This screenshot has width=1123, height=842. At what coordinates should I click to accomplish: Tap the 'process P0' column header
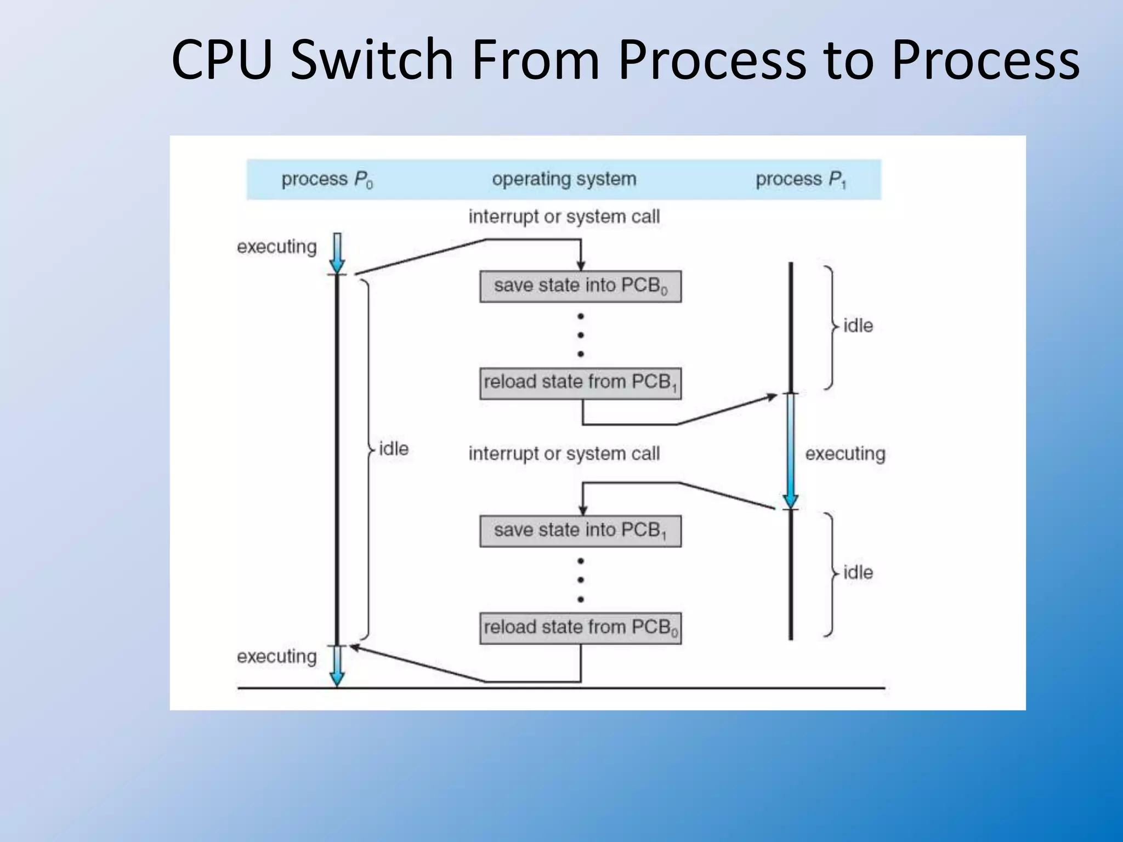coord(327,179)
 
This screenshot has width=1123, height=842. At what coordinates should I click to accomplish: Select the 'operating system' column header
coord(564,179)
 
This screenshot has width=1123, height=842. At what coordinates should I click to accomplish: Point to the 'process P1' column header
coord(801,179)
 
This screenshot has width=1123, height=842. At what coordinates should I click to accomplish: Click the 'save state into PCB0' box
coord(580,286)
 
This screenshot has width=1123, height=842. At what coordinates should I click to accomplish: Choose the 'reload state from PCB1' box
coord(580,383)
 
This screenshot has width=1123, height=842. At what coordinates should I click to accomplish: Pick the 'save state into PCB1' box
coord(580,531)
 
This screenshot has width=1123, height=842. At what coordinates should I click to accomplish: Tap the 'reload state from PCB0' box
coord(580,628)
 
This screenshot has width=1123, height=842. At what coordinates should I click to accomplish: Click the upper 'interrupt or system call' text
coord(564,217)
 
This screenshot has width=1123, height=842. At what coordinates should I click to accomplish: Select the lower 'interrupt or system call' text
coord(564,454)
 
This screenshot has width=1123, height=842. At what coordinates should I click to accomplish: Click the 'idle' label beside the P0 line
coord(394,449)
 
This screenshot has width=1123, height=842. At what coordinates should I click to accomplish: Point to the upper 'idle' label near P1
coord(858,326)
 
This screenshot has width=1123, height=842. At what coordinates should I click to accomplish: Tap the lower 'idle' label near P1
coord(858,573)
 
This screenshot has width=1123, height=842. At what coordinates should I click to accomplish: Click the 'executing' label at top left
coord(276,247)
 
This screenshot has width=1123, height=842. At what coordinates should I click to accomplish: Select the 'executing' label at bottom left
coord(276,656)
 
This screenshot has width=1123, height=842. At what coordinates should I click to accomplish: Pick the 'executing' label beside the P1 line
coord(844,454)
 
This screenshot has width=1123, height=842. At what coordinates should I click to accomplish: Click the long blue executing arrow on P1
coord(790,450)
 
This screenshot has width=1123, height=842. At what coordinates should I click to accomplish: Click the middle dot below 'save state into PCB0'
coord(581,335)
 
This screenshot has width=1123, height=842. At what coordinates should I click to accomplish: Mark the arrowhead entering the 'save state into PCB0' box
coord(581,266)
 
